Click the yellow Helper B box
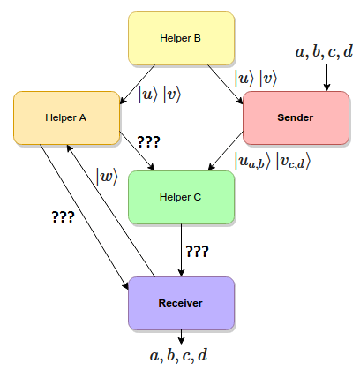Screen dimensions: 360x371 (181, 38)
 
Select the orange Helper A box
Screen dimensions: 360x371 (66, 117)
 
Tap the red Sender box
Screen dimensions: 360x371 (296, 117)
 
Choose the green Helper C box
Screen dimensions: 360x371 (181, 197)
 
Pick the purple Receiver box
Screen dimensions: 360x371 (181, 303)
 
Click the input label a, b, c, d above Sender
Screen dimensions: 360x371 (324, 52)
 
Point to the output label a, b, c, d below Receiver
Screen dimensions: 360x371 (178, 355)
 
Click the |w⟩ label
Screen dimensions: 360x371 (107, 177)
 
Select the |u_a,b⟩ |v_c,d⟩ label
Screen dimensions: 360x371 (273, 161)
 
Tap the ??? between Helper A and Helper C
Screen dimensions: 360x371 (148, 142)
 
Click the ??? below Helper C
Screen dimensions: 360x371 (197, 252)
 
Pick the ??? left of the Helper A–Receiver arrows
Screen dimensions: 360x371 (63, 217)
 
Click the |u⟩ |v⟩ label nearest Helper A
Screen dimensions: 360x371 (160, 95)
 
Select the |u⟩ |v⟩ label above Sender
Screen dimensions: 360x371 (256, 79)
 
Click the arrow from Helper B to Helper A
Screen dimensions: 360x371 (138, 84)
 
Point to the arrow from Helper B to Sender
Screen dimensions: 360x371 (225, 84)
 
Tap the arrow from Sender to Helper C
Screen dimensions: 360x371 (226, 151)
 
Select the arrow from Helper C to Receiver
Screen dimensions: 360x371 (181, 250)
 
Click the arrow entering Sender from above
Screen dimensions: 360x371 (326, 77)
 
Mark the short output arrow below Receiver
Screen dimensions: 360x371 (181, 337)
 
